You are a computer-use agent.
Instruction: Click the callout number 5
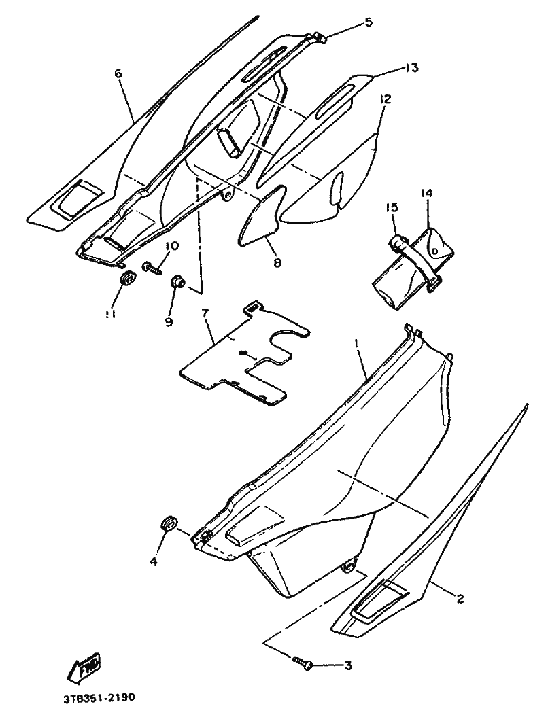coord(368,22)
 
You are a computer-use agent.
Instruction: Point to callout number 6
coord(118,73)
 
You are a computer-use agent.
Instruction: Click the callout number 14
coord(426,193)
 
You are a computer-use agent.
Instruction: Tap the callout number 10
coord(170,245)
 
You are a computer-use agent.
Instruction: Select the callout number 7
coord(205,313)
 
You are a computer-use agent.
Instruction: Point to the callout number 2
coord(460,599)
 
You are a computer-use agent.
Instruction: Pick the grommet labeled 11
coord(126,279)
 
